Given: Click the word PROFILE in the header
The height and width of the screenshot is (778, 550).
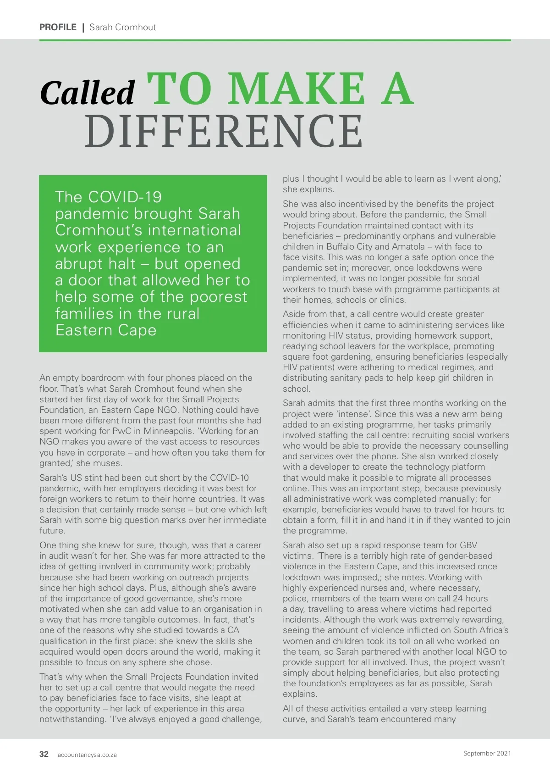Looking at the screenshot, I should [58, 27].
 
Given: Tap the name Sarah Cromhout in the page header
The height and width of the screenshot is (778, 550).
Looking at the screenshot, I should [123, 27].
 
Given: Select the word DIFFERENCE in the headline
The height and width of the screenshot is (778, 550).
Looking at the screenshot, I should [224, 132].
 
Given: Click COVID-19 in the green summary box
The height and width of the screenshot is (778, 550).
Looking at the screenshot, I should [125, 197].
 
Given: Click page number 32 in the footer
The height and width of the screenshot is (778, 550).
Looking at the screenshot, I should [44, 754].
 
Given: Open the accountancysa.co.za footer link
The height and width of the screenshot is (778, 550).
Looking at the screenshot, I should [87, 755].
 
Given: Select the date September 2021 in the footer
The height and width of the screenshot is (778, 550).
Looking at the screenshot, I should [487, 753].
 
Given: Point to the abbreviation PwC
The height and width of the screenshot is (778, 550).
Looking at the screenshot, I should [124, 431].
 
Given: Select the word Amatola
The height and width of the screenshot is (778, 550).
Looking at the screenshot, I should [408, 246].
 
